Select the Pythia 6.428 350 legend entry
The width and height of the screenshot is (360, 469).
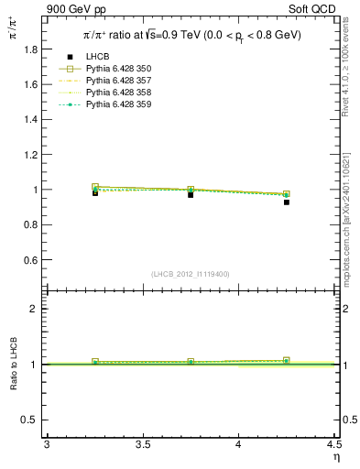coord(119,69)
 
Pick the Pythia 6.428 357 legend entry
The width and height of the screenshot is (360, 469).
coord(119,81)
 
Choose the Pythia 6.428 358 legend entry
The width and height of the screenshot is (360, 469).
coord(119,93)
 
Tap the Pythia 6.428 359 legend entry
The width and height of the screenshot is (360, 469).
coord(119,104)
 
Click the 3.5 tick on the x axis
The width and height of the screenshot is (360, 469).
coord(142,445)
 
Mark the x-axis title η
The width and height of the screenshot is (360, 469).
coord(335,456)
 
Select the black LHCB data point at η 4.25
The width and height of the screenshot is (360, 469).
coord(287,202)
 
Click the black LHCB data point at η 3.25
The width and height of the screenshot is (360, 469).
coord(95,192)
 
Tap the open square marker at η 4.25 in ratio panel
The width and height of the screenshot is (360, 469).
coord(287,360)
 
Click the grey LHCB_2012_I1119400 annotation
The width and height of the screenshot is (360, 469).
coord(190,274)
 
